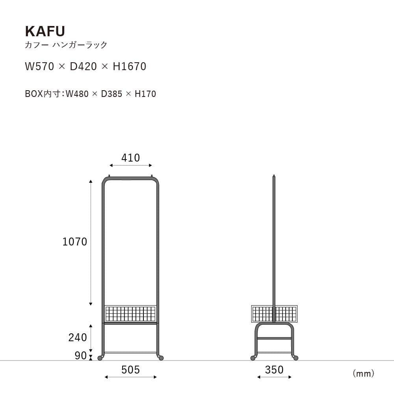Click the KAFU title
click(45, 31)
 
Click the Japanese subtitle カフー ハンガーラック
click(66, 45)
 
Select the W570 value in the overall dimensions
click(39, 67)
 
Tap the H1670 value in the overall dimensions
click(130, 67)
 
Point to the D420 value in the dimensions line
click(83, 67)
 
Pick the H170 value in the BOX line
click(145, 94)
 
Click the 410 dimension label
click(130, 158)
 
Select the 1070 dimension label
click(75, 242)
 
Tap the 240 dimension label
click(78, 338)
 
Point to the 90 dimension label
click(80, 356)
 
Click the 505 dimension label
click(130, 370)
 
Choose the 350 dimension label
click(274, 370)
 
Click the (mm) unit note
click(363, 373)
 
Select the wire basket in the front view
click(130, 314)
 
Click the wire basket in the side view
click(274, 314)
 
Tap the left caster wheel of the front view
click(100, 358)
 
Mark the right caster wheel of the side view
click(295, 358)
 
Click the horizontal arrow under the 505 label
click(130, 377)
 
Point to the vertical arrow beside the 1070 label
click(91, 242)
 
